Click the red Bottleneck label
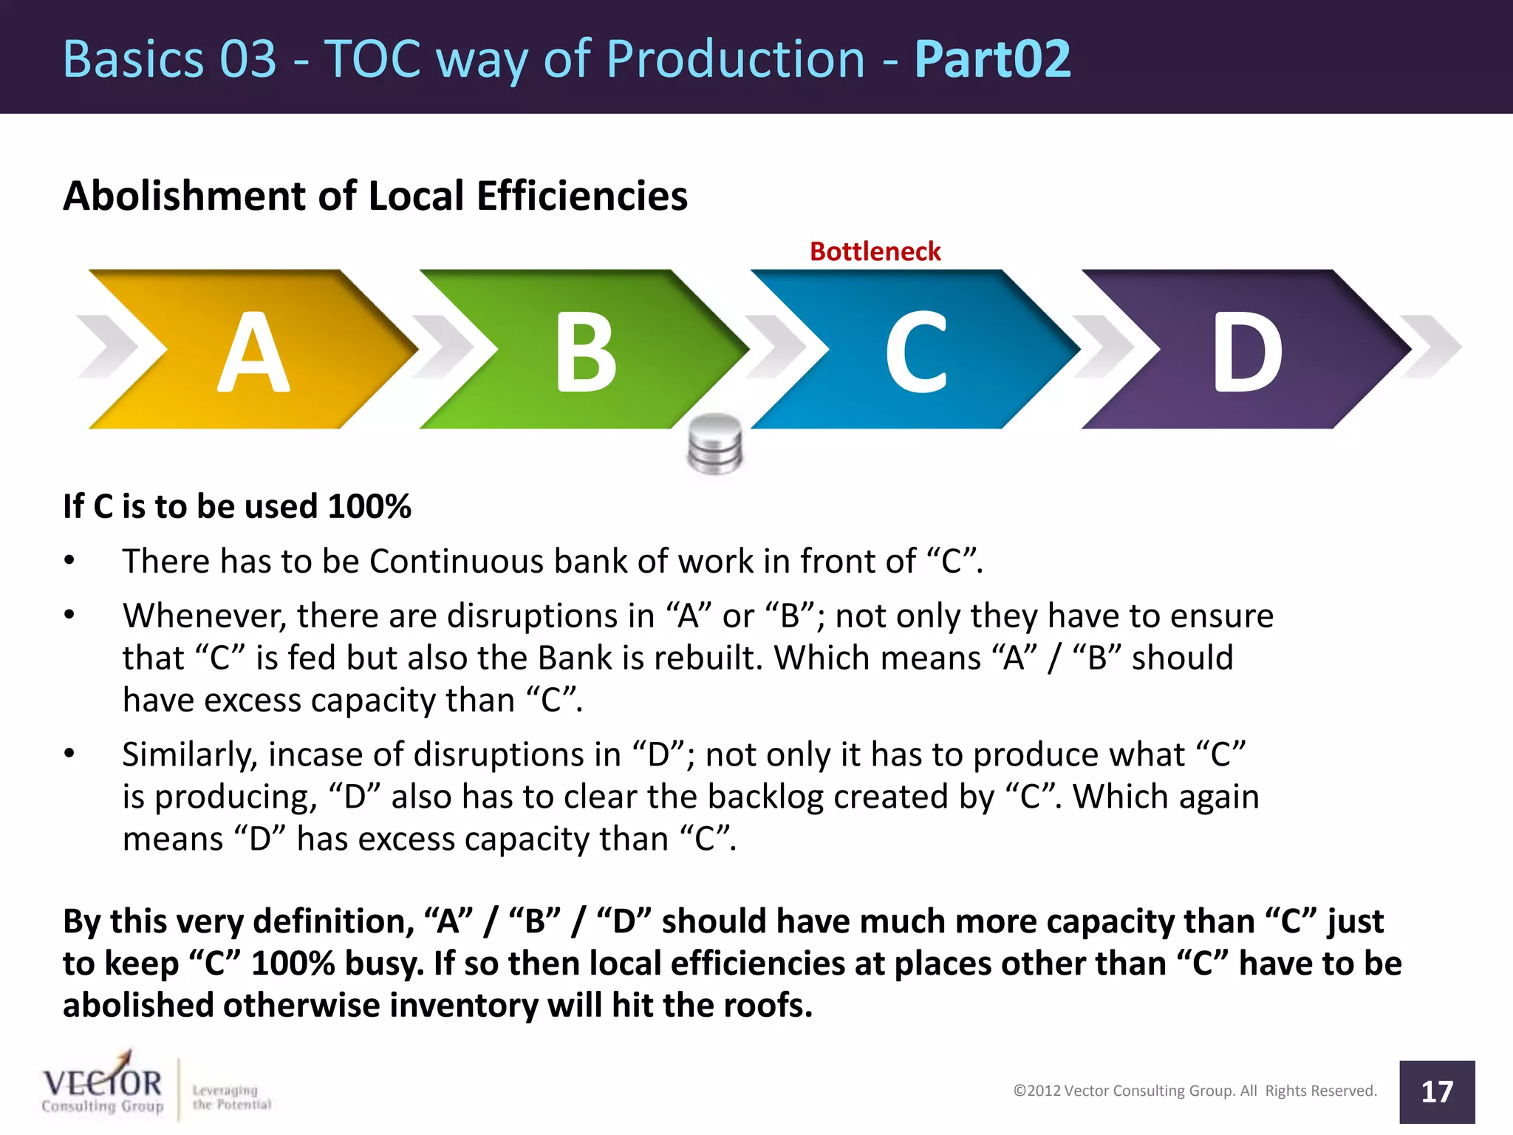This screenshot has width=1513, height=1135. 875,251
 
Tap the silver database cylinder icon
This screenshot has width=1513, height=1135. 714,443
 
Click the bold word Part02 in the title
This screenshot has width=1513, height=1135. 992,59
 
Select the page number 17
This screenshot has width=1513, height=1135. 1437,1092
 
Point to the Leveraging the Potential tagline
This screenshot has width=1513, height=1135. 231,1097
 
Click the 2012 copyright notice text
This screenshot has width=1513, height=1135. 1195,1091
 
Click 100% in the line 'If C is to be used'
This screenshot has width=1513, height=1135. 369,507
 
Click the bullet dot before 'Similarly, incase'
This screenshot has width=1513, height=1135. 69,754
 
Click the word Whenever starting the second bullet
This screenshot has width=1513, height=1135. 204,616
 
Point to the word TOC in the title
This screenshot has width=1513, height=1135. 374,59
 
